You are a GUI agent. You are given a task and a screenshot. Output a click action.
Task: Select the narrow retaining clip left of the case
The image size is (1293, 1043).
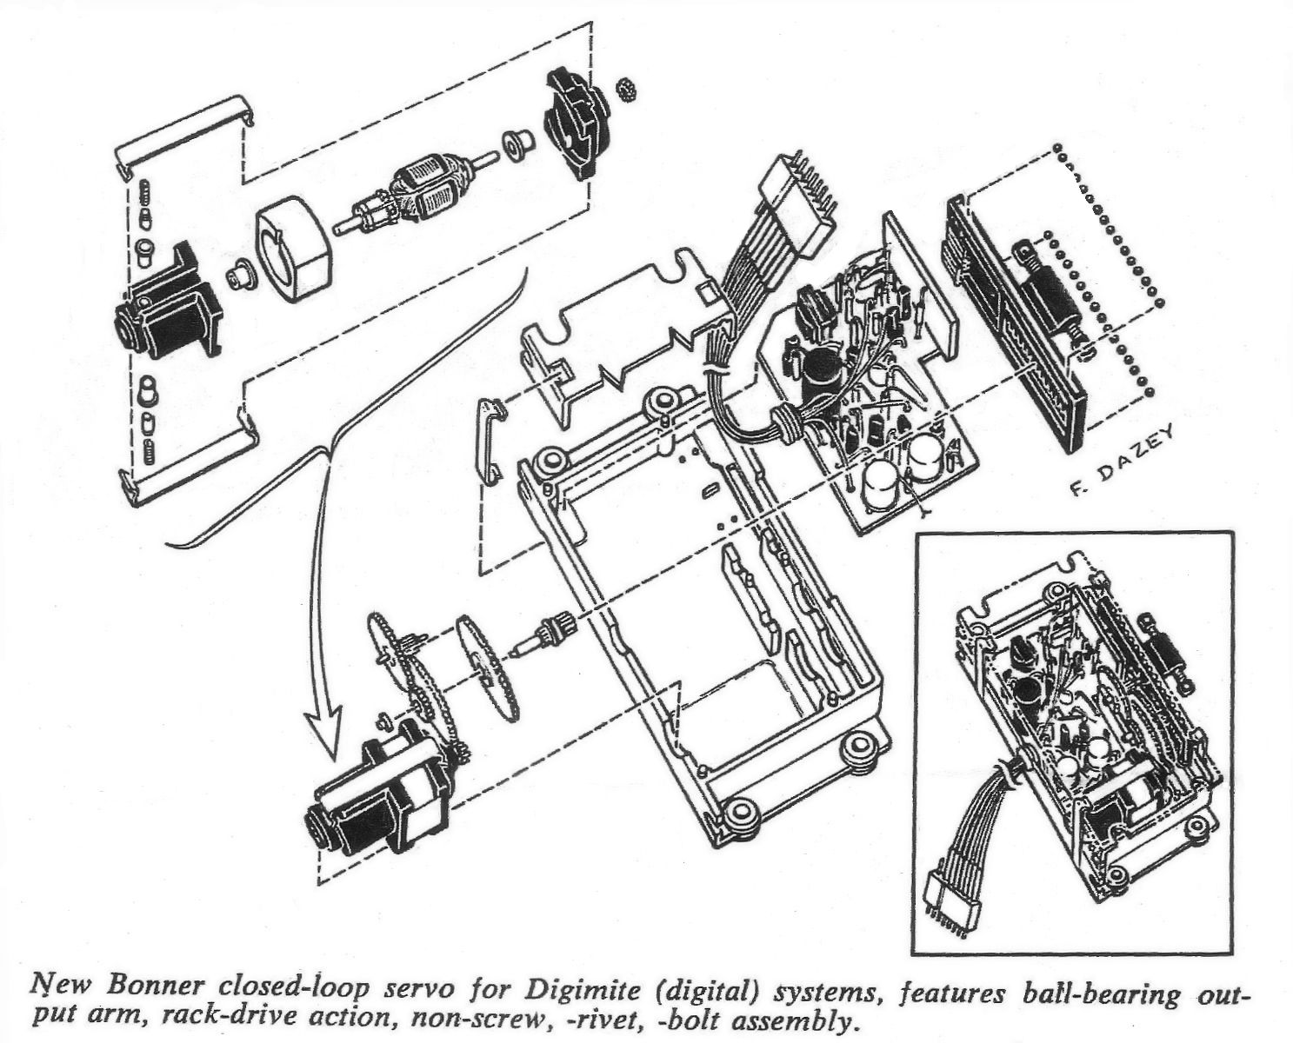(492, 442)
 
